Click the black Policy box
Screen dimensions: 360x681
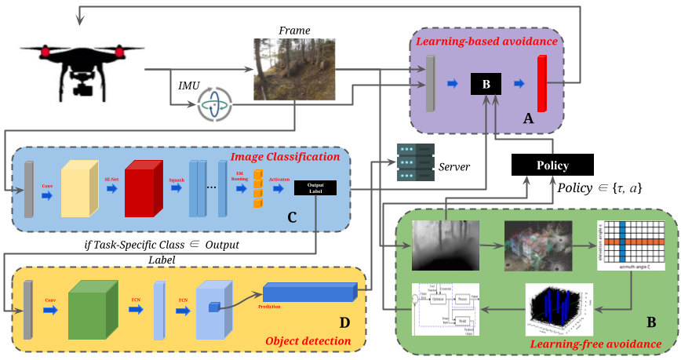click(552, 165)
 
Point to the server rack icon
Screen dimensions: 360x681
click(414, 161)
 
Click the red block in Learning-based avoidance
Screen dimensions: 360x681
click(542, 84)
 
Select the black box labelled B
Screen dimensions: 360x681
click(485, 84)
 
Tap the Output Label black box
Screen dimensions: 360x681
click(315, 187)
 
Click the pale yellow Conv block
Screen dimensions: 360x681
click(78, 188)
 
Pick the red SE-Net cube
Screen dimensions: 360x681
click(144, 189)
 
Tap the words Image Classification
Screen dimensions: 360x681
click(285, 157)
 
